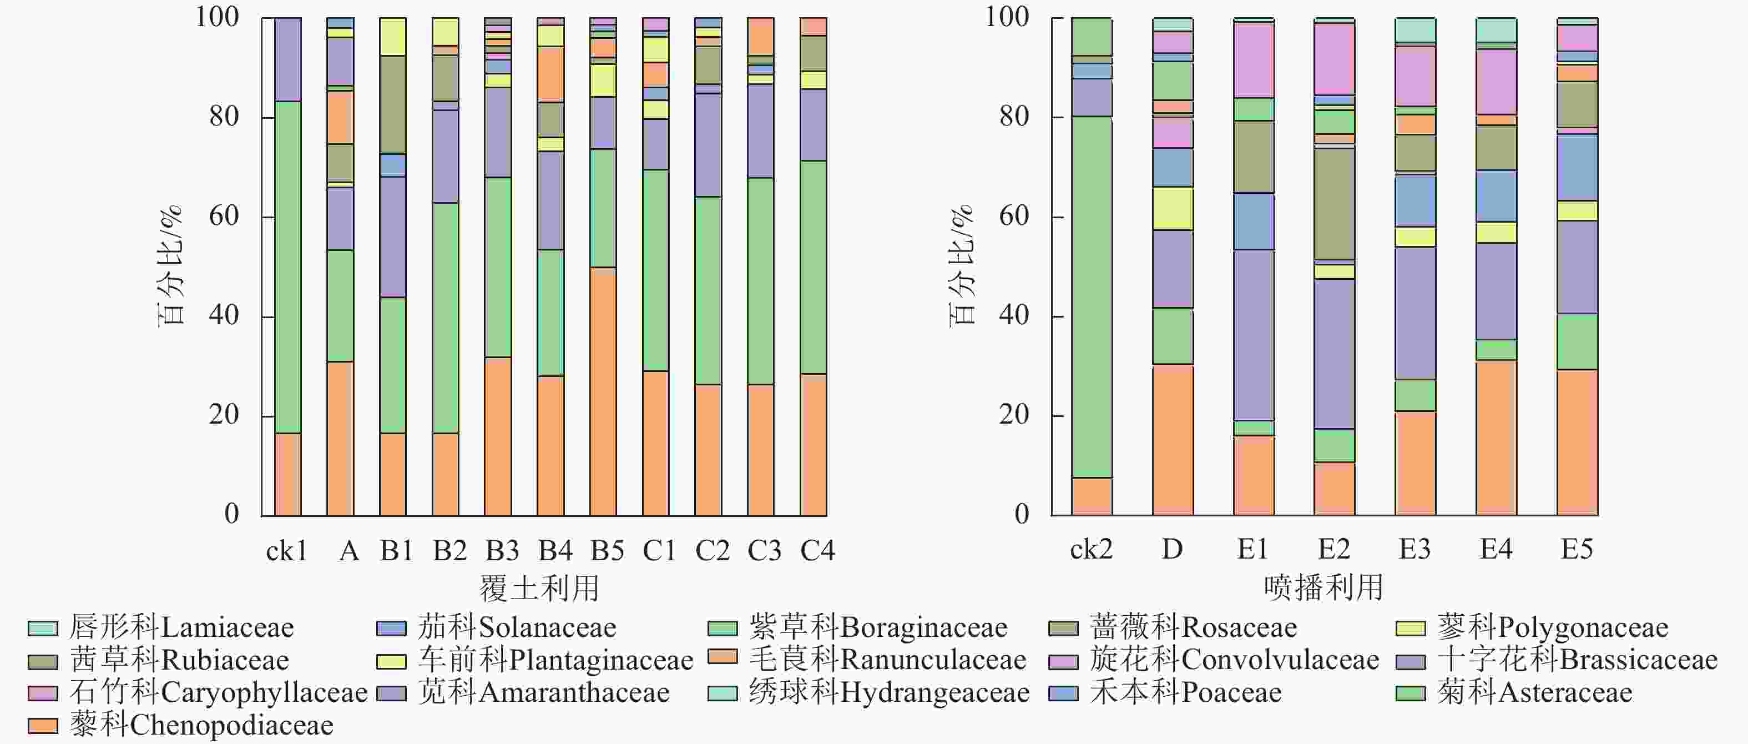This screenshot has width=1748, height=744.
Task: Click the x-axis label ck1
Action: pos(287,551)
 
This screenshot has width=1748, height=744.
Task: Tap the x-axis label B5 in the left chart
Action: pos(607,551)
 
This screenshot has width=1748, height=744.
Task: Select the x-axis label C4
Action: pos(817,551)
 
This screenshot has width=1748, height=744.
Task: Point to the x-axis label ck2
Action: pos(1091,549)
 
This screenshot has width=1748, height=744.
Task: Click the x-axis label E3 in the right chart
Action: pos(1415,549)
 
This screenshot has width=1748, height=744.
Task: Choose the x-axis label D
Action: pos(1172,549)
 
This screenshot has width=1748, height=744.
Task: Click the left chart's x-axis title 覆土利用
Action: pos(539,588)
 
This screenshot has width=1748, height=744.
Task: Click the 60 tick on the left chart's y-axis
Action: pos(224,217)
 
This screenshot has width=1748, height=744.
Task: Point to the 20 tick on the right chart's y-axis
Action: pos(1014,415)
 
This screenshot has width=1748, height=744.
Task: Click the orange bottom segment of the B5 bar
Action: pos(603,391)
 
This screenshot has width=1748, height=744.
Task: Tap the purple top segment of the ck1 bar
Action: pos(287,60)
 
